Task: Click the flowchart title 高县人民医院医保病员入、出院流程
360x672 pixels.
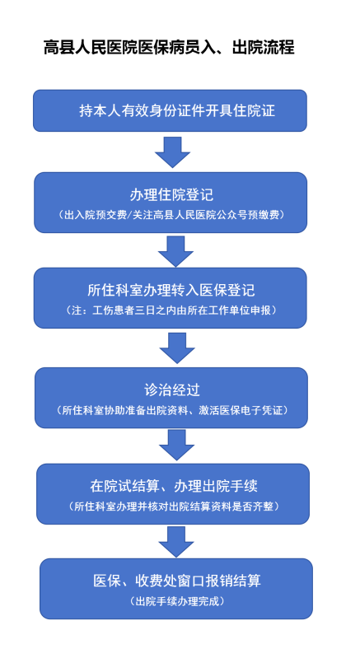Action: point(169,47)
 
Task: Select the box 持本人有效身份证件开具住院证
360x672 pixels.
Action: point(171,110)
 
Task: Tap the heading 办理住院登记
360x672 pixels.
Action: point(171,195)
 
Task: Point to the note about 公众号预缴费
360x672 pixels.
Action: point(171,216)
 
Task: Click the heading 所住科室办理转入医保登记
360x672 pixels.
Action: point(171,290)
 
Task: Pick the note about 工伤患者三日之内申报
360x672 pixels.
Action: point(171,310)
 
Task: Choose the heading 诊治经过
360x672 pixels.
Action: point(172,390)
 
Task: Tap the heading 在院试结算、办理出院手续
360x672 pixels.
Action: point(174,486)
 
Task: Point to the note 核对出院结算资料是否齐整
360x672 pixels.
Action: point(174,506)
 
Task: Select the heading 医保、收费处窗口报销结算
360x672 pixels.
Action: point(177,581)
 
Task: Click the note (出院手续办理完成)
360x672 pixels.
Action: point(176,601)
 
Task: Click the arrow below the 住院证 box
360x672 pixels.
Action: point(172,152)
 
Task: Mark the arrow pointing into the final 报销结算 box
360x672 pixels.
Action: point(176,542)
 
